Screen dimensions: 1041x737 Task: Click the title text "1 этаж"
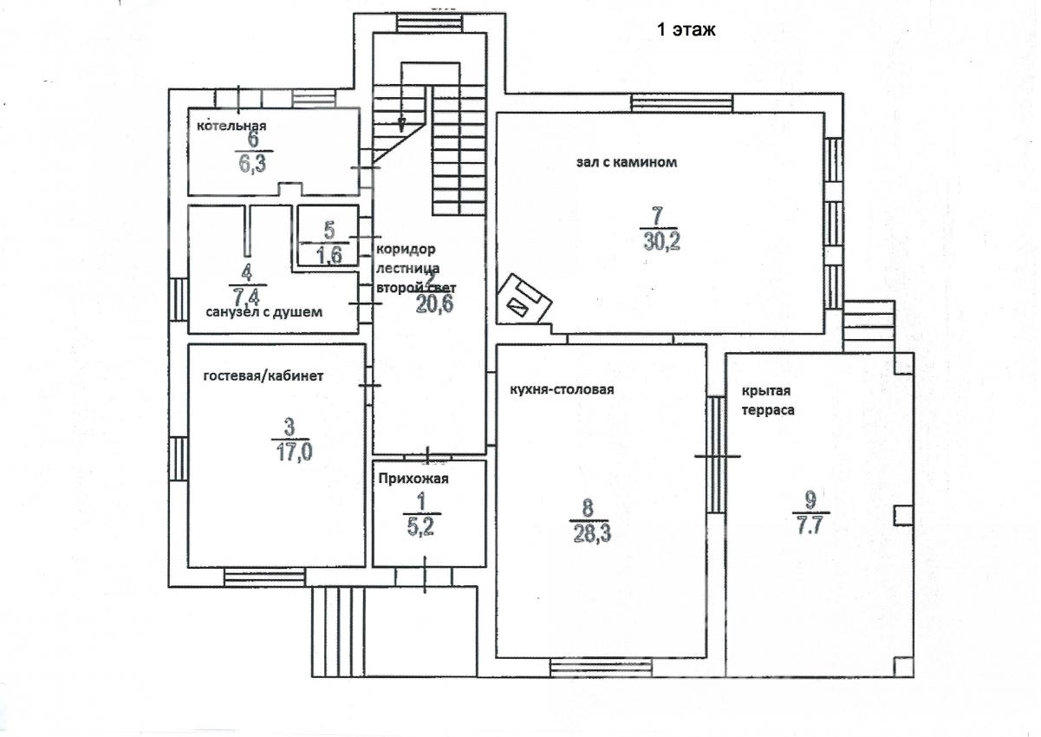(686, 29)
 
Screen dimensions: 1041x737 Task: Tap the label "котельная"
(231, 126)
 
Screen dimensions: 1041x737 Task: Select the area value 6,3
(253, 164)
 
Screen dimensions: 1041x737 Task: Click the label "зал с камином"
(627, 162)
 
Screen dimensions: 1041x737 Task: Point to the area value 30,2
(661, 241)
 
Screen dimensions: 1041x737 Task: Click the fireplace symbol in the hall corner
(524, 298)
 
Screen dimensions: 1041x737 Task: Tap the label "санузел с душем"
(264, 312)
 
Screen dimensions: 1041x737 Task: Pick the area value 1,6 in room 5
(329, 254)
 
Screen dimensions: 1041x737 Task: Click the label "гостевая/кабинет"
(264, 375)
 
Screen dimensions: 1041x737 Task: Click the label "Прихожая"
(413, 479)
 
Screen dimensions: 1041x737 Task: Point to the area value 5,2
(420, 527)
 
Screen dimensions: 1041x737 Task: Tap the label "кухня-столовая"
(562, 388)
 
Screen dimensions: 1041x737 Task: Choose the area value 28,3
(592, 534)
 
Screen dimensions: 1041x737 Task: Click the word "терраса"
(768, 410)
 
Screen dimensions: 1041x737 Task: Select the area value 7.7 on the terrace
(810, 526)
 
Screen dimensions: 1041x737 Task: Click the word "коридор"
(406, 249)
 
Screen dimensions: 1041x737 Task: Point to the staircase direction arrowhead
(401, 125)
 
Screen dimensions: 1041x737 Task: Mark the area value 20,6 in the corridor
(434, 304)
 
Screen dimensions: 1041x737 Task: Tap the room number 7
(657, 216)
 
